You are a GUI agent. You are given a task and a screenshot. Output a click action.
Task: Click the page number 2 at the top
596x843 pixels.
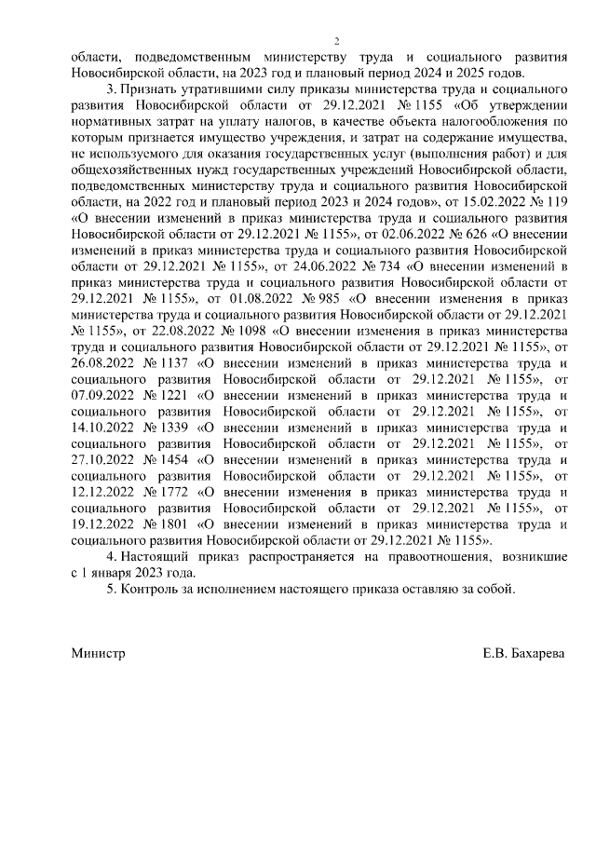pyautogui.click(x=338, y=41)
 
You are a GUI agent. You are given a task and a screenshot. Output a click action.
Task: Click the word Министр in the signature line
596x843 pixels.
pyautogui.click(x=98, y=654)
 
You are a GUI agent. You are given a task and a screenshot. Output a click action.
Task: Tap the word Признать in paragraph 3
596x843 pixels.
pyautogui.click(x=154, y=89)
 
